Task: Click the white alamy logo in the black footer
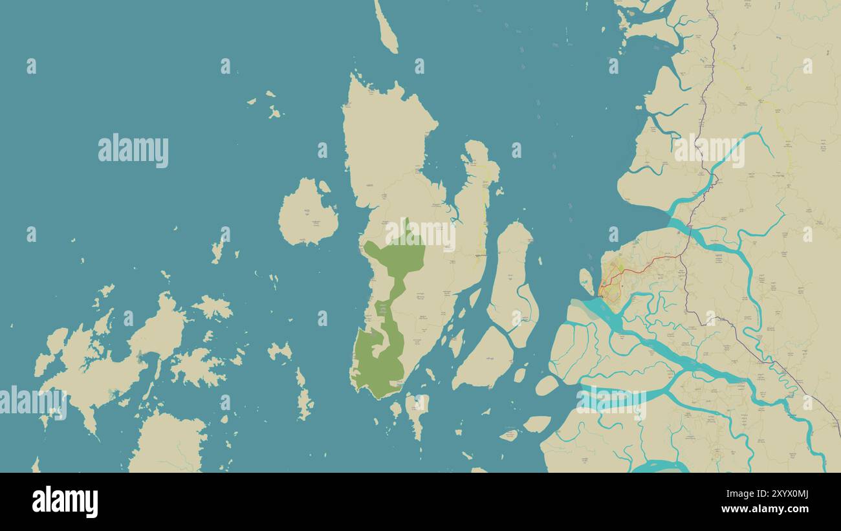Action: point(65,502)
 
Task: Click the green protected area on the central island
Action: point(391,259)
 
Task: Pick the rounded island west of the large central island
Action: point(307,213)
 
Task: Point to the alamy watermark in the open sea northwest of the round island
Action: point(133,151)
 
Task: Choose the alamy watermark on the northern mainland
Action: point(709,151)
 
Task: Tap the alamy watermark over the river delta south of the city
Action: point(611,400)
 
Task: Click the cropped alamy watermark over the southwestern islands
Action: point(32,401)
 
